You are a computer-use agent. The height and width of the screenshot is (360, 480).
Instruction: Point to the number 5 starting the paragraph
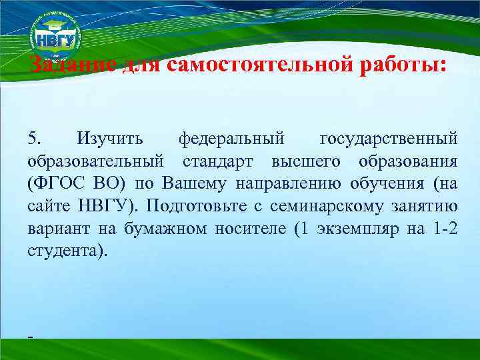click(34, 139)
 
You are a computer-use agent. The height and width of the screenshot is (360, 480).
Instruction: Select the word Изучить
click(109, 139)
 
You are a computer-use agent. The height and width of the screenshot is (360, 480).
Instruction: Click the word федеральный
click(232, 139)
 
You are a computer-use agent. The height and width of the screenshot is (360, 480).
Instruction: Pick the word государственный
click(389, 139)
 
